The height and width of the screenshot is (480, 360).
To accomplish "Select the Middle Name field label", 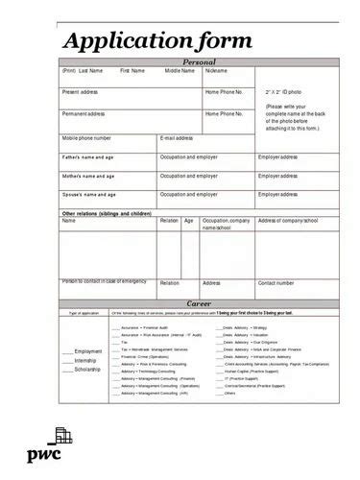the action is pos(179,70).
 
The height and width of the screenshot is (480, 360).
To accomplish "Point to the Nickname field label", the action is pos(216,70).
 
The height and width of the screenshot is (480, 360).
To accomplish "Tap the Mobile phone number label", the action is pos(92,137).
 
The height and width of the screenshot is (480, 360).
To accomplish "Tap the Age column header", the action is pos(188,221).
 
